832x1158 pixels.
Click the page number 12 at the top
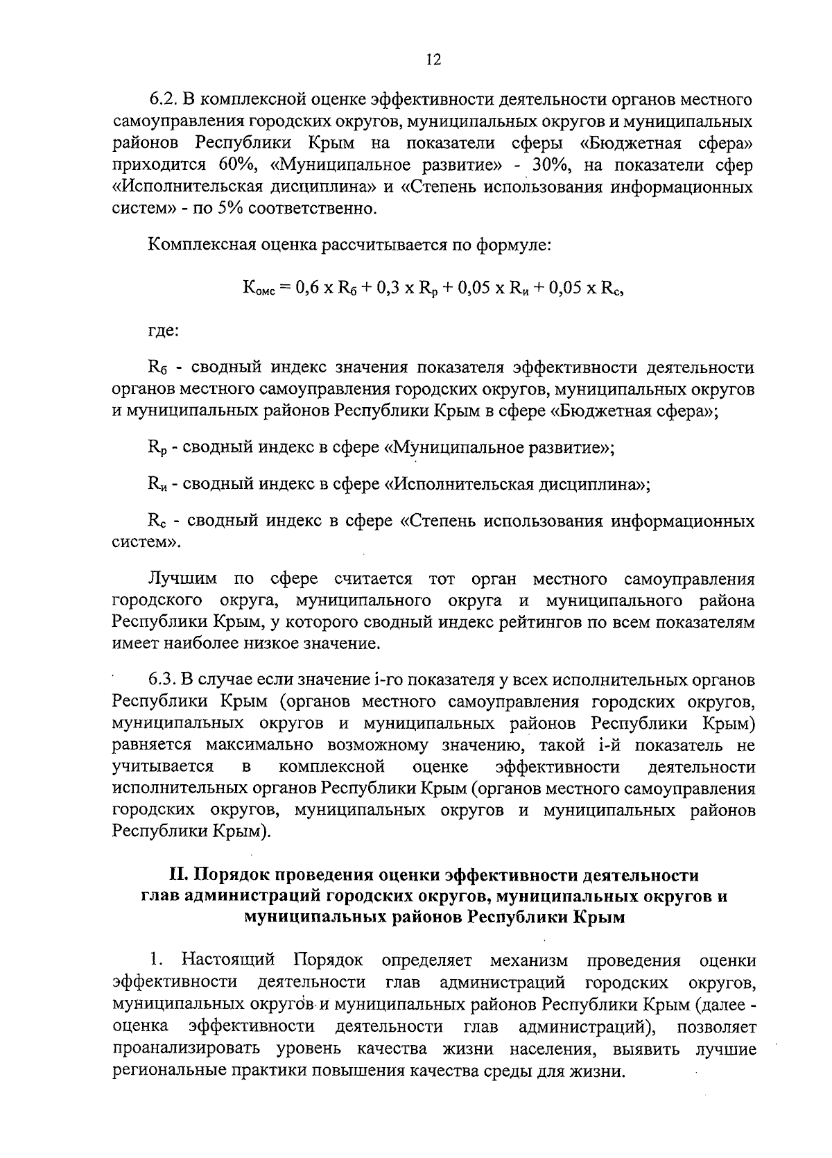point(433,60)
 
